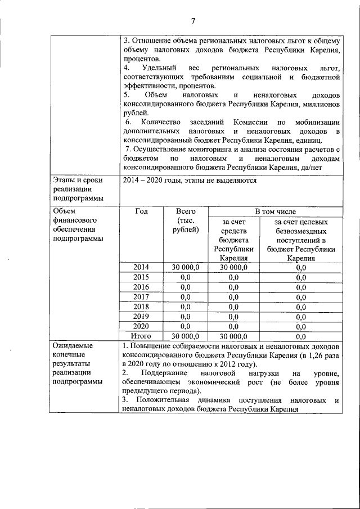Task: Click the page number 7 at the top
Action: point(192,21)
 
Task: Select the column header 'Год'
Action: point(142,211)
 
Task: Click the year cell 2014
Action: point(142,268)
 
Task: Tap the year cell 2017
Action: point(142,297)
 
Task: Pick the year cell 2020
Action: point(142,326)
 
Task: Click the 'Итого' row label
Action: point(142,336)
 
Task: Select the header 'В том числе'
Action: point(275,211)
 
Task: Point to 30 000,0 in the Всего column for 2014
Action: point(185,268)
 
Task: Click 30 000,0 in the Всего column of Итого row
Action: point(185,336)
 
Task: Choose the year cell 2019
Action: point(142,316)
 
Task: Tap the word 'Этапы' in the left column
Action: point(64,181)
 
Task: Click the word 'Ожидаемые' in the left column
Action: point(73,345)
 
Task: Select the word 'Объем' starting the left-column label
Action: point(64,211)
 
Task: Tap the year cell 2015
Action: point(142,277)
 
